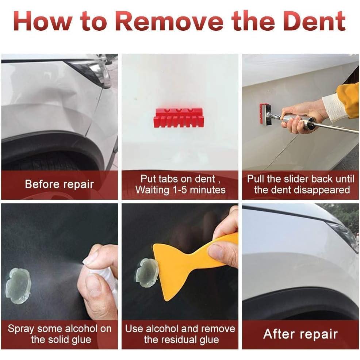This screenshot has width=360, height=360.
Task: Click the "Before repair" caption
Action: click(60, 184)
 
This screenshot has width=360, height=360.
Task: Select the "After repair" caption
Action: click(300, 334)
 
